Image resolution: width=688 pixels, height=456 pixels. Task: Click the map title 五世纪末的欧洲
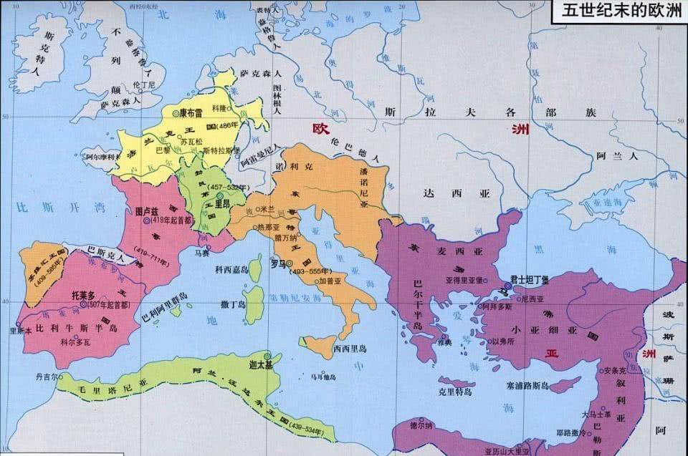(x=617, y=11)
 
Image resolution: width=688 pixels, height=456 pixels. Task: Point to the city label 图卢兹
(x=146, y=212)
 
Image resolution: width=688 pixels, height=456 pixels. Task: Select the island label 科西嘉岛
(x=231, y=269)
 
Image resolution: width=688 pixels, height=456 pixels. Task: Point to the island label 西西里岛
(x=350, y=349)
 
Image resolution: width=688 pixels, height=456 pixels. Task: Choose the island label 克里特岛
(x=455, y=392)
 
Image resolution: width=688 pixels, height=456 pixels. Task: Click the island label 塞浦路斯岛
(x=547, y=385)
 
